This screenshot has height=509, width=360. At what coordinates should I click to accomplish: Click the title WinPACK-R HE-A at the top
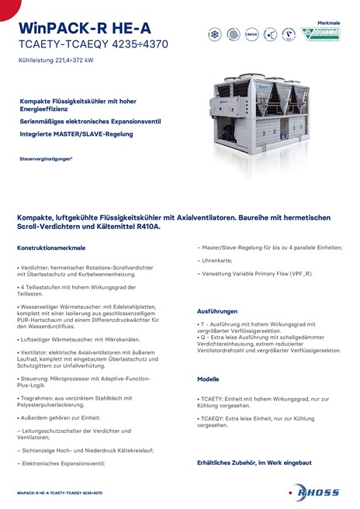(x=74, y=28)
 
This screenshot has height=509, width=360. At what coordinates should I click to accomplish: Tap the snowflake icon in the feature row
(x=215, y=35)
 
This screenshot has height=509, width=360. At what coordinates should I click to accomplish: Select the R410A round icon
(x=251, y=35)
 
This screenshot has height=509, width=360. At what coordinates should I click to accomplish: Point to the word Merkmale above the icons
(x=329, y=23)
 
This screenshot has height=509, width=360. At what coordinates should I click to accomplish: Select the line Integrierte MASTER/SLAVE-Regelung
(x=76, y=133)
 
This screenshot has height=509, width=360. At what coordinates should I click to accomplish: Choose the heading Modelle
(x=208, y=379)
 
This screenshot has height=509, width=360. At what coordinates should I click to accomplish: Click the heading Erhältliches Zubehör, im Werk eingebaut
(x=254, y=462)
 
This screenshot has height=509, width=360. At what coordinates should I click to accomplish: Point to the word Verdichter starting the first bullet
(x=36, y=267)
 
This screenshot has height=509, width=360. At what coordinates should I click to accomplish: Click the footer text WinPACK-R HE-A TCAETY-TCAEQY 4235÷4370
(x=60, y=493)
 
